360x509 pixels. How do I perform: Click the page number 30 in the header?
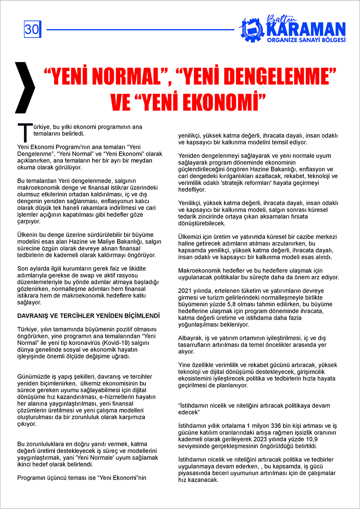(32, 29)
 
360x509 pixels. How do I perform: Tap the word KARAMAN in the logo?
(306, 30)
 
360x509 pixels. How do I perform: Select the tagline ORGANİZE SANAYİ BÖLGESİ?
(306, 40)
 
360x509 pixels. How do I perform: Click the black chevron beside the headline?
(25, 88)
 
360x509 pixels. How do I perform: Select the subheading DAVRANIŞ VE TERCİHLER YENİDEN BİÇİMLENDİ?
(88, 316)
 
